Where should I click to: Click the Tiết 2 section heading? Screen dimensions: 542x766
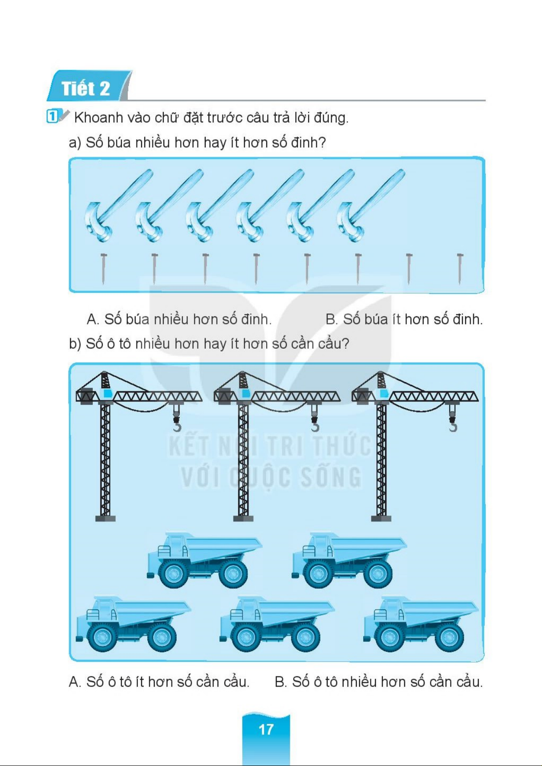click(x=86, y=88)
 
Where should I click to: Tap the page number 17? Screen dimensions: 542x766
click(x=266, y=729)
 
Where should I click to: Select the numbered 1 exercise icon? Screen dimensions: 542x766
click(x=52, y=116)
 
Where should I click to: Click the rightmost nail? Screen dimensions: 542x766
click(x=460, y=269)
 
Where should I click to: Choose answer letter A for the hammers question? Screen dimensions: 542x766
click(x=93, y=319)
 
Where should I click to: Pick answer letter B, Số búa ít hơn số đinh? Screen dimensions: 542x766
click(x=331, y=319)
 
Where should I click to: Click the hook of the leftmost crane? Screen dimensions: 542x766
click(x=177, y=426)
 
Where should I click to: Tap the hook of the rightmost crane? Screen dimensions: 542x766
click(x=453, y=426)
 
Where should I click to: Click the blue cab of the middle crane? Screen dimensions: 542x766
click(x=245, y=393)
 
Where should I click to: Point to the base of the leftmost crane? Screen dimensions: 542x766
click(x=105, y=518)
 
